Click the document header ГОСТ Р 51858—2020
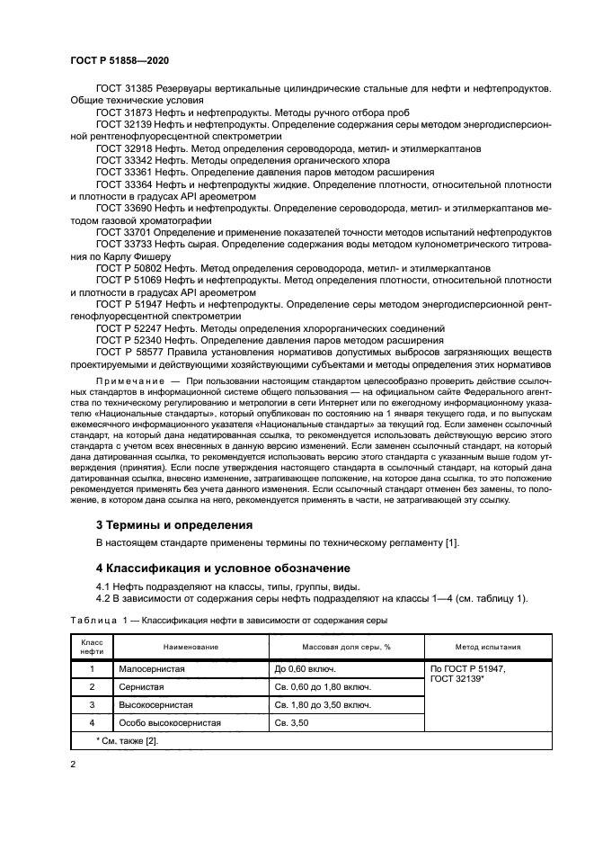(x=119, y=60)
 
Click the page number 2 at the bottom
(x=73, y=764)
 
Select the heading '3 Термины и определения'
(x=173, y=524)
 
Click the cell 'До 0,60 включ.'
(x=306, y=669)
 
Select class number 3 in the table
(x=92, y=704)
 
